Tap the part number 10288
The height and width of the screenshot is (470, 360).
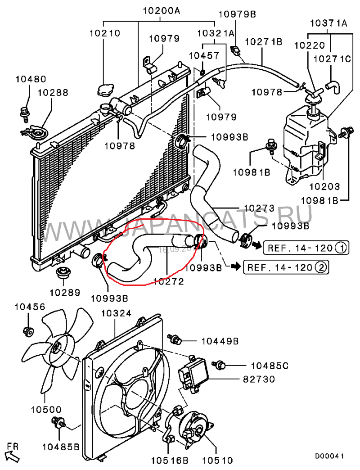pyautogui.click(x=53, y=93)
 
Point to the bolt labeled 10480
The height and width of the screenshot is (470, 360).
pyautogui.click(x=24, y=111)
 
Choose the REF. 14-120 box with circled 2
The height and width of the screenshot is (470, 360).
pyautogui.click(x=285, y=267)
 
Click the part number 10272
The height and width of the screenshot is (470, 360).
pyautogui.click(x=168, y=282)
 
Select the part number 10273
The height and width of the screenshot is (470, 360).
pyautogui.click(x=259, y=208)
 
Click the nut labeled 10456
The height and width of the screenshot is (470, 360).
pyautogui.click(x=27, y=331)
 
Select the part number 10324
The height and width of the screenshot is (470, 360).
pyautogui.click(x=116, y=312)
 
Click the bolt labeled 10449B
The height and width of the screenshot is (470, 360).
pyautogui.click(x=173, y=338)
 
